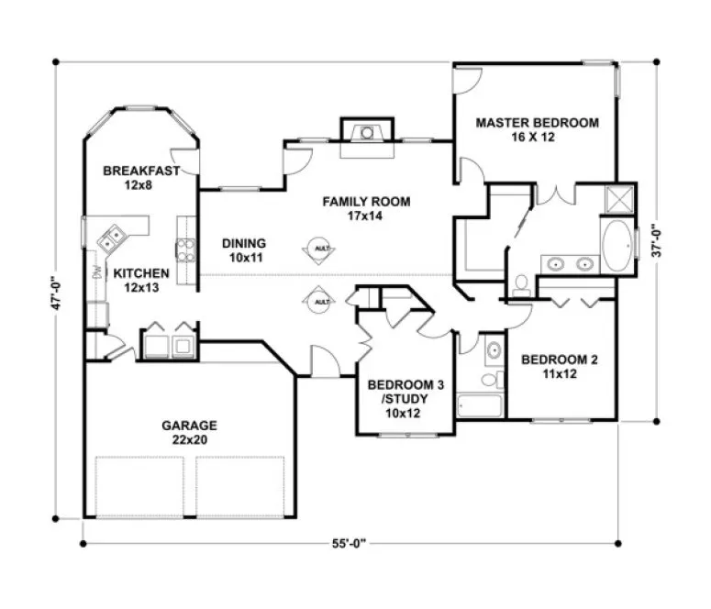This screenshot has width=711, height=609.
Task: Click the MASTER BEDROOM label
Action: click(537, 122)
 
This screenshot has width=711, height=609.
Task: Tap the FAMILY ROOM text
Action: click(365, 202)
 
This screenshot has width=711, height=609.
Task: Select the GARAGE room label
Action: click(189, 426)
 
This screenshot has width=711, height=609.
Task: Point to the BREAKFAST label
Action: click(139, 171)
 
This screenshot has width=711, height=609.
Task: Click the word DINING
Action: click(243, 243)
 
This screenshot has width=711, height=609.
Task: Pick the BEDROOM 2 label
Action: click(560, 360)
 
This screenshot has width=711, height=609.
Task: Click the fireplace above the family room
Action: click(366, 133)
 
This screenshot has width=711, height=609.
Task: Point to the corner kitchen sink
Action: click(113, 238)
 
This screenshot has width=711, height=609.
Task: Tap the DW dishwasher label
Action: click(95, 271)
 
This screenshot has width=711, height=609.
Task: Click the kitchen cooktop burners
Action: click(184, 248)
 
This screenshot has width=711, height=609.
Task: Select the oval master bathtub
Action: click(617, 246)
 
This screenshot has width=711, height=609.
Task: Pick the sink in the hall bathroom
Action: click(492, 350)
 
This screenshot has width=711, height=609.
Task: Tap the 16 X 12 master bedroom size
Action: click(537, 137)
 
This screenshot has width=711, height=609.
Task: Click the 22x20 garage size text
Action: click(189, 440)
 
